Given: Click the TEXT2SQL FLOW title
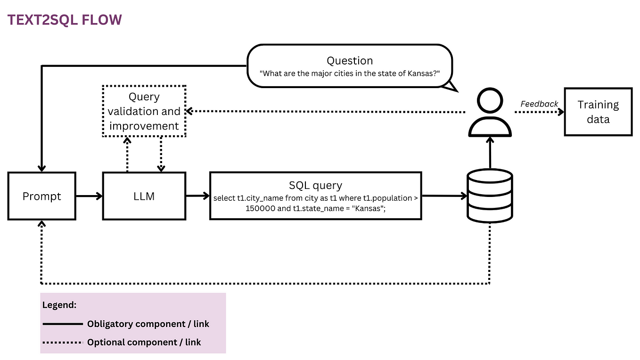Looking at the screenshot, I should click(x=65, y=20).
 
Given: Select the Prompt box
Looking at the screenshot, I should click(x=42, y=196).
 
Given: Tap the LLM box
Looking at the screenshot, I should click(x=144, y=196).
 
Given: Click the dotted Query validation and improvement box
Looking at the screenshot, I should click(x=144, y=111).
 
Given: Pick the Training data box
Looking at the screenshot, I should click(x=598, y=112).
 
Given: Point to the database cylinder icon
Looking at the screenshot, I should click(x=490, y=196).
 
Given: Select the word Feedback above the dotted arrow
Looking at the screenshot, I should click(x=539, y=104).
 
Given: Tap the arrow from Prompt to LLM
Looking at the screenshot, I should click(x=89, y=196).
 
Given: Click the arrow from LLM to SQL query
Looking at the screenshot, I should click(x=197, y=196).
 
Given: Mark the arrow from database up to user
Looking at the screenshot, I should click(x=490, y=153).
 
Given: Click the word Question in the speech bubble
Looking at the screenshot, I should click(x=350, y=60).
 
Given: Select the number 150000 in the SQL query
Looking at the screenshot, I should click(x=260, y=208).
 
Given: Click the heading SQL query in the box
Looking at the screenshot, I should click(x=315, y=185).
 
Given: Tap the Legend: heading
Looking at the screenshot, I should click(x=59, y=305).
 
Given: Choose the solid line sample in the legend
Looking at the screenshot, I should click(x=62, y=324).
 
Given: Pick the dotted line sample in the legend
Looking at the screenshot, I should click(x=62, y=342).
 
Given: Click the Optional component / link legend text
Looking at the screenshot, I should click(x=144, y=342).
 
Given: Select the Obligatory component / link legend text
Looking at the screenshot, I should click(x=148, y=324).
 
